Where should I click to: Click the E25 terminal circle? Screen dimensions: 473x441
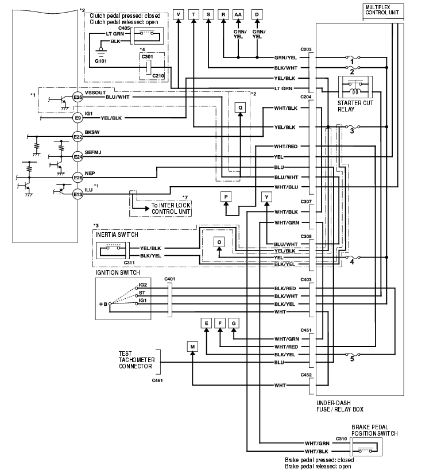click(79, 98)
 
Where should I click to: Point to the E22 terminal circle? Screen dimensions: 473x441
click(79, 136)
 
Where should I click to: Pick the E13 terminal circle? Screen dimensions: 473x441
click(79, 195)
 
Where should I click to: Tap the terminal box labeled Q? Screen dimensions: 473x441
click(241, 107)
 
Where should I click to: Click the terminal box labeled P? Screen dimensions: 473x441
click(226, 197)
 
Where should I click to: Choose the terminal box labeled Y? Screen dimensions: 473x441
click(266, 197)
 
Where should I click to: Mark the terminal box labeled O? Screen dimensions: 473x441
click(219, 242)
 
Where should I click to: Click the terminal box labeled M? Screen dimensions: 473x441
click(192, 346)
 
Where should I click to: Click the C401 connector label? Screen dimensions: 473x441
click(169, 279)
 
